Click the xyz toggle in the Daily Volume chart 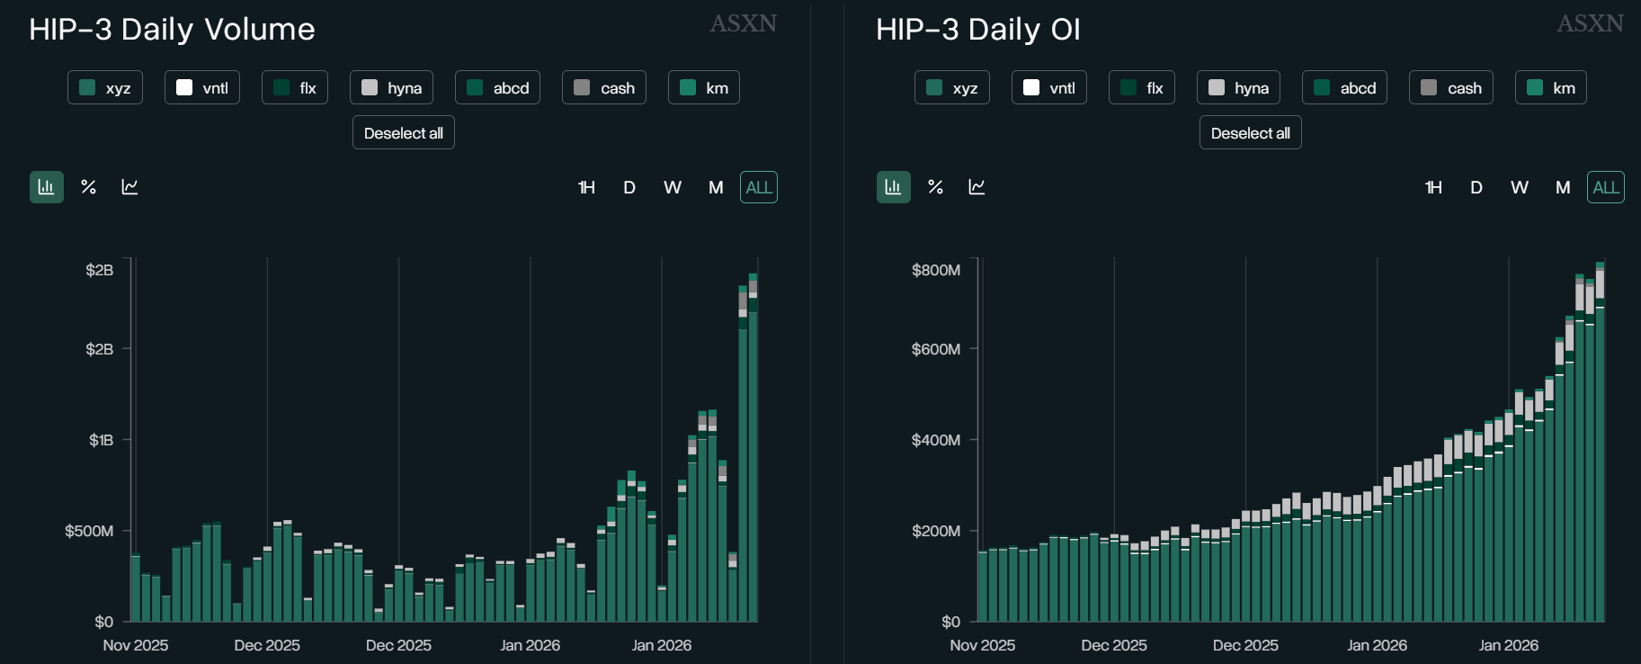[x=105, y=88]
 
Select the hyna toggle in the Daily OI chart [x=1238, y=88]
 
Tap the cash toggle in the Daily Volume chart [x=604, y=88]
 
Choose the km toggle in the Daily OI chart [x=1551, y=88]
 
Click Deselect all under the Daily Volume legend [x=404, y=133]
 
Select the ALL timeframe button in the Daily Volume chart [x=759, y=187]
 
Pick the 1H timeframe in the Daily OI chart [x=1433, y=187]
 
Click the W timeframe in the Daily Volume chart [x=673, y=187]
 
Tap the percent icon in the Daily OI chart [x=935, y=187]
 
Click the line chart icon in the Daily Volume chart [x=130, y=187]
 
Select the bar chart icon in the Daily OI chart [x=893, y=187]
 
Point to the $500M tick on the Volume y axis [x=89, y=531]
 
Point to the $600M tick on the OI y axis [x=936, y=349]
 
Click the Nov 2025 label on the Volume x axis [x=136, y=645]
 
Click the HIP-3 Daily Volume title [x=172, y=30]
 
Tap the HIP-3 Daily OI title [x=977, y=30]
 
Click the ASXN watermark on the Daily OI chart [x=1590, y=23]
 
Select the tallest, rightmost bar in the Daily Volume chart [x=754, y=450]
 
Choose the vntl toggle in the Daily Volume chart [x=202, y=88]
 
